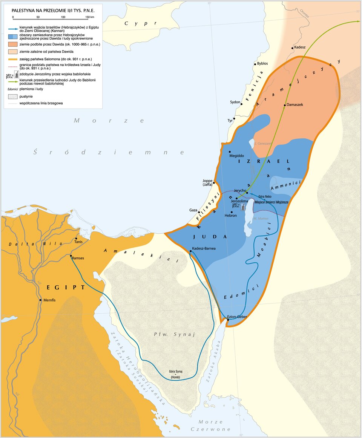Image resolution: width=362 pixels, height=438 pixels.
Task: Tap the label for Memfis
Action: pos(49,300)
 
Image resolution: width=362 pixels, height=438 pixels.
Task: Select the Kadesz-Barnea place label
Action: pos(204,248)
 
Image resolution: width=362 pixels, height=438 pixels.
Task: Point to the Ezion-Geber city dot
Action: pos(228,320)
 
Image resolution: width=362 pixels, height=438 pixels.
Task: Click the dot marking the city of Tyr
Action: pos(234,119)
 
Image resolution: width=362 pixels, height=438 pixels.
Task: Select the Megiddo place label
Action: pos(237,156)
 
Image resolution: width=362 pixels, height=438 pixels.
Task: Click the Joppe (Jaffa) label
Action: pos(207,182)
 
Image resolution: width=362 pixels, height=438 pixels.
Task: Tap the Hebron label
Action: pos(230,215)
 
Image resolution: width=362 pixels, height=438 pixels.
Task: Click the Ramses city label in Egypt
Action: pos(78,258)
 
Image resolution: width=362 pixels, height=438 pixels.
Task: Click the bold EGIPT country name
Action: pos(66,287)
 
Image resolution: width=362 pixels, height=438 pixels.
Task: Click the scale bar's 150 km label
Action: pos(89,17)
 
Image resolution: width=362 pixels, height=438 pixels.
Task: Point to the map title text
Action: pos(53,11)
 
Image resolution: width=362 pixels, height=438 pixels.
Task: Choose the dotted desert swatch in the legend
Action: pos(11,96)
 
